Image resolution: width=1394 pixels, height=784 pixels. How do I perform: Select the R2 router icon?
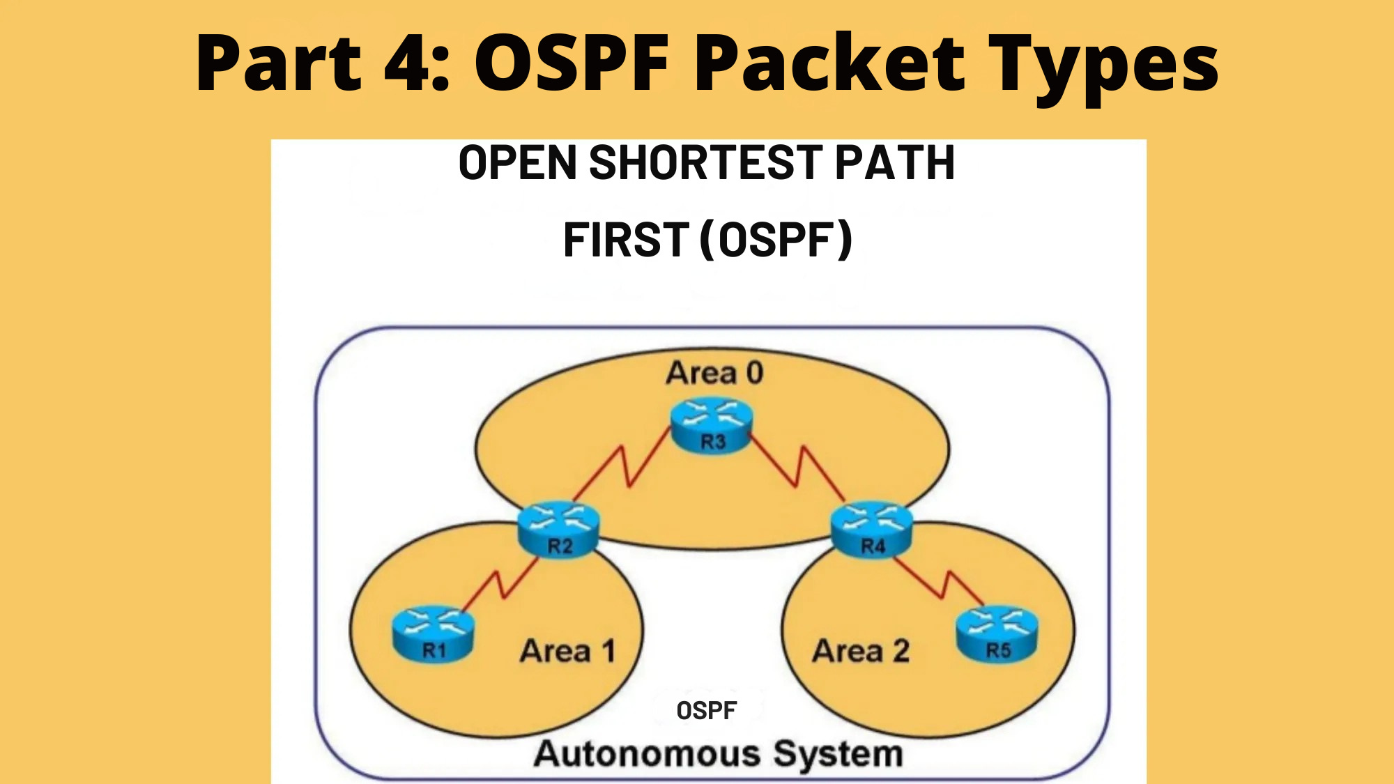(x=558, y=529)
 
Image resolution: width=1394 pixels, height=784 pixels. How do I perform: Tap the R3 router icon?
(x=712, y=425)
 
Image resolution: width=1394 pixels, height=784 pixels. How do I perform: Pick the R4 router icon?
(x=871, y=529)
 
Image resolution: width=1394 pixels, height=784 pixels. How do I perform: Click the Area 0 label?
(x=714, y=373)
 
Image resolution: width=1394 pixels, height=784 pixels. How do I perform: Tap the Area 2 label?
(x=861, y=652)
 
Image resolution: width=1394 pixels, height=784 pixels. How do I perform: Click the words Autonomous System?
(x=718, y=754)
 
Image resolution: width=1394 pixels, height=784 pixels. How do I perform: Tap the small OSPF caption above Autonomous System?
(x=706, y=711)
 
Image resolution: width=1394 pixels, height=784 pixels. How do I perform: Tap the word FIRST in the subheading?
(x=626, y=239)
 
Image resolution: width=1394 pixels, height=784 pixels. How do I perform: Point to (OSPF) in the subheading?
(x=776, y=239)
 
